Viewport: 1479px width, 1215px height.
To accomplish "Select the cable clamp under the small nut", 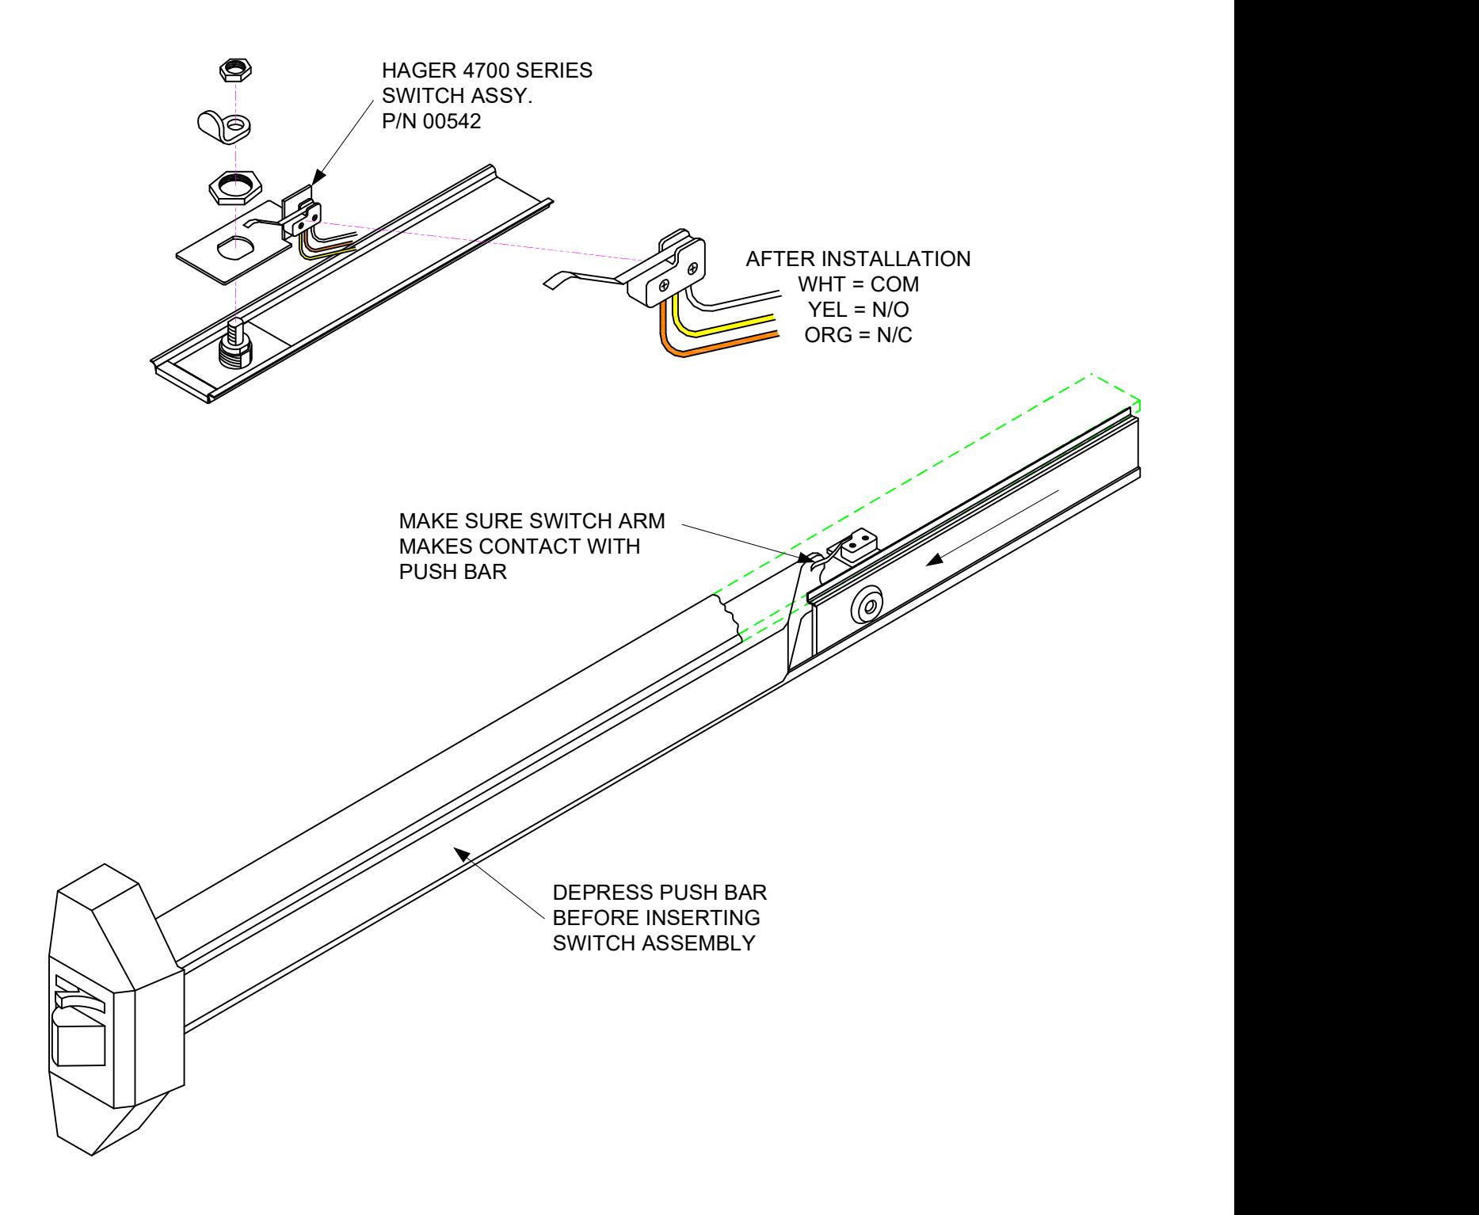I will [223, 125].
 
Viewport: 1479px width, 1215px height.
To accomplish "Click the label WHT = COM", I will [858, 284].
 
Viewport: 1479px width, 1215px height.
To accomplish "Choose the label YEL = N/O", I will [858, 310].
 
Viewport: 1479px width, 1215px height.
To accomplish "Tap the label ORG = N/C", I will [858, 335].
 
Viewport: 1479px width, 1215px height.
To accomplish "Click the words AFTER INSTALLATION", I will [858, 258].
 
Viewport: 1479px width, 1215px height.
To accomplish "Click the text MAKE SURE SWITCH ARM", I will [532, 521].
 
